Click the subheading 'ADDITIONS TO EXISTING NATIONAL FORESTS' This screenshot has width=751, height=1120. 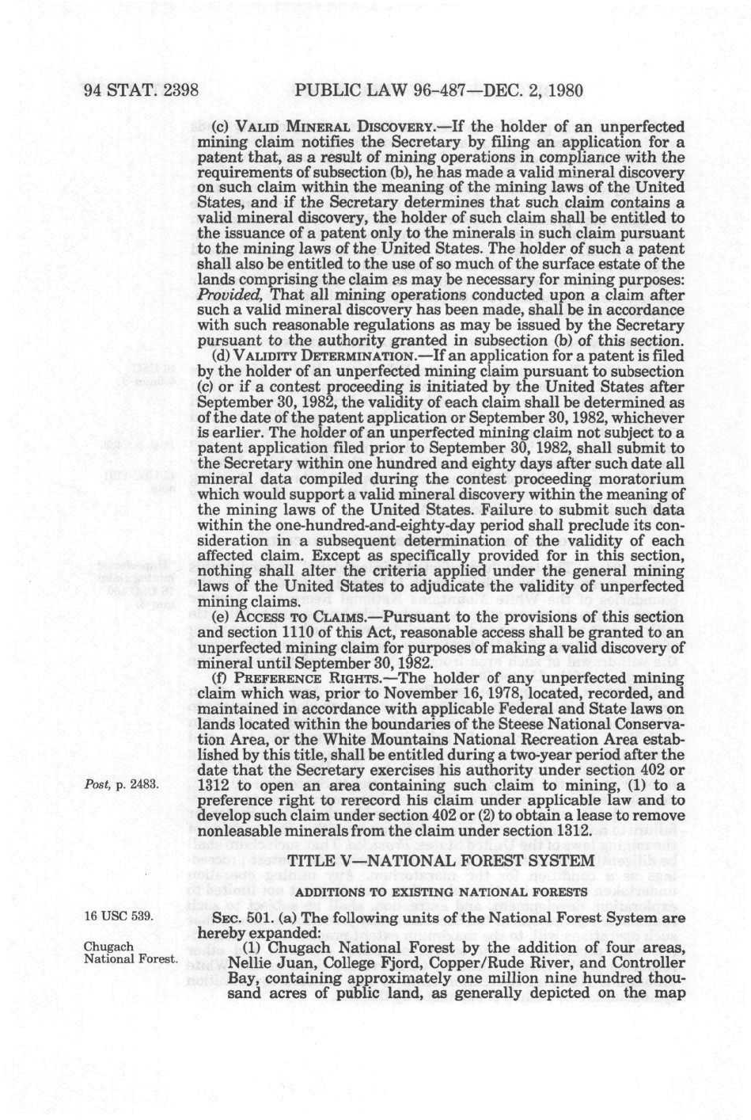(442, 892)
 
